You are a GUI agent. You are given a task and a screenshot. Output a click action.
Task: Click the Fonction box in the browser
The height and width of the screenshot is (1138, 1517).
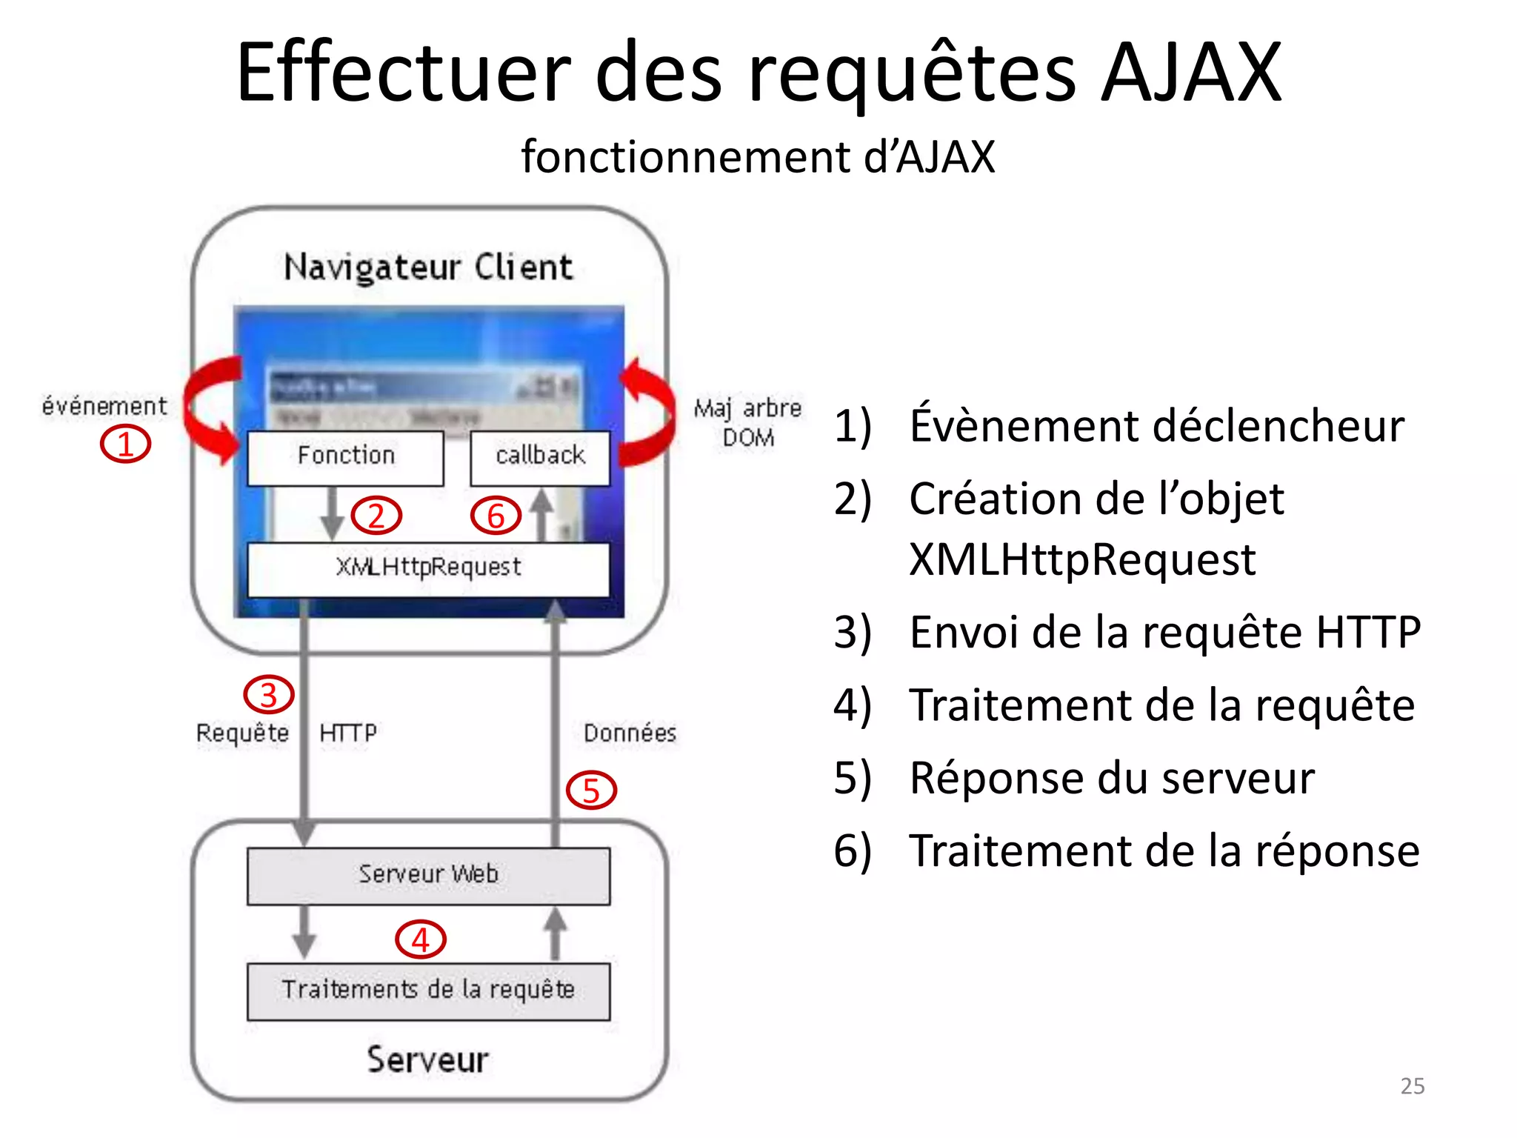pyautogui.click(x=345, y=457)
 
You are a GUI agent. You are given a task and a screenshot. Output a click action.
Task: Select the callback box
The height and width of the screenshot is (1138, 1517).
pyautogui.click(x=540, y=457)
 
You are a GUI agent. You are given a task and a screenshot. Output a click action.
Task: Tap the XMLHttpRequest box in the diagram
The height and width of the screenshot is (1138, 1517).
pyautogui.click(x=428, y=568)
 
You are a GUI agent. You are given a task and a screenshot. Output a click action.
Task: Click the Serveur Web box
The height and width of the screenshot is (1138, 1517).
pyautogui.click(x=428, y=875)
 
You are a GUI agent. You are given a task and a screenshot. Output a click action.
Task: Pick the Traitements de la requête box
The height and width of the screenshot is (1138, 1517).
pyautogui.click(x=428, y=991)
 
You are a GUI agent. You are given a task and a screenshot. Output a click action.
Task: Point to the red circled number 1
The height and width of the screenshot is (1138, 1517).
pyautogui.click(x=125, y=445)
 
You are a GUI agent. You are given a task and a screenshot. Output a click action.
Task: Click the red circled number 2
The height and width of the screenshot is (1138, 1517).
pyautogui.click(x=376, y=516)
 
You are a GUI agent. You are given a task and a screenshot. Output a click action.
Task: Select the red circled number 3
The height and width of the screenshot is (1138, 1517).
pyautogui.click(x=269, y=694)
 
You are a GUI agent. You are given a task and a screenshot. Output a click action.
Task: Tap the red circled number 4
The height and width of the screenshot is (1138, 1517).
pyautogui.click(x=421, y=940)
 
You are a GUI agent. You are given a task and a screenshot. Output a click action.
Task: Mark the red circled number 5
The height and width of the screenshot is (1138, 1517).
pyautogui.click(x=591, y=791)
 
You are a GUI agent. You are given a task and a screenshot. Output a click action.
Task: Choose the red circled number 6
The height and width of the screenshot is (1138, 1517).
pyautogui.click(x=496, y=516)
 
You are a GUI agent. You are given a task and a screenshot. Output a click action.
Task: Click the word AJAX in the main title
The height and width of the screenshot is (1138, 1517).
pyautogui.click(x=1190, y=74)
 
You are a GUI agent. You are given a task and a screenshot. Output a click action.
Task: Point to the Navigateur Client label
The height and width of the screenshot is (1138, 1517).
pyautogui.click(x=428, y=267)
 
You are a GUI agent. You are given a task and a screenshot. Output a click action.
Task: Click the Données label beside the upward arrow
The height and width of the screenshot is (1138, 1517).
pyautogui.click(x=630, y=733)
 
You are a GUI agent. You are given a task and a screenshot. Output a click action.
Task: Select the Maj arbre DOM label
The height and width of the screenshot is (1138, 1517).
pyautogui.click(x=747, y=422)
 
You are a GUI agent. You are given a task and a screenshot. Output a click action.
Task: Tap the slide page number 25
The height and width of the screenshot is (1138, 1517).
pyautogui.click(x=1412, y=1085)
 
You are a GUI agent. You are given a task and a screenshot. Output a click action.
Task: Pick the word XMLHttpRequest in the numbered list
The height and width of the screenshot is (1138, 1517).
pyautogui.click(x=1081, y=559)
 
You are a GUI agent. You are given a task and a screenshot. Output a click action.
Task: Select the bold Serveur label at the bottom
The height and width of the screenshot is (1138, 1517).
pyautogui.click(x=428, y=1059)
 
